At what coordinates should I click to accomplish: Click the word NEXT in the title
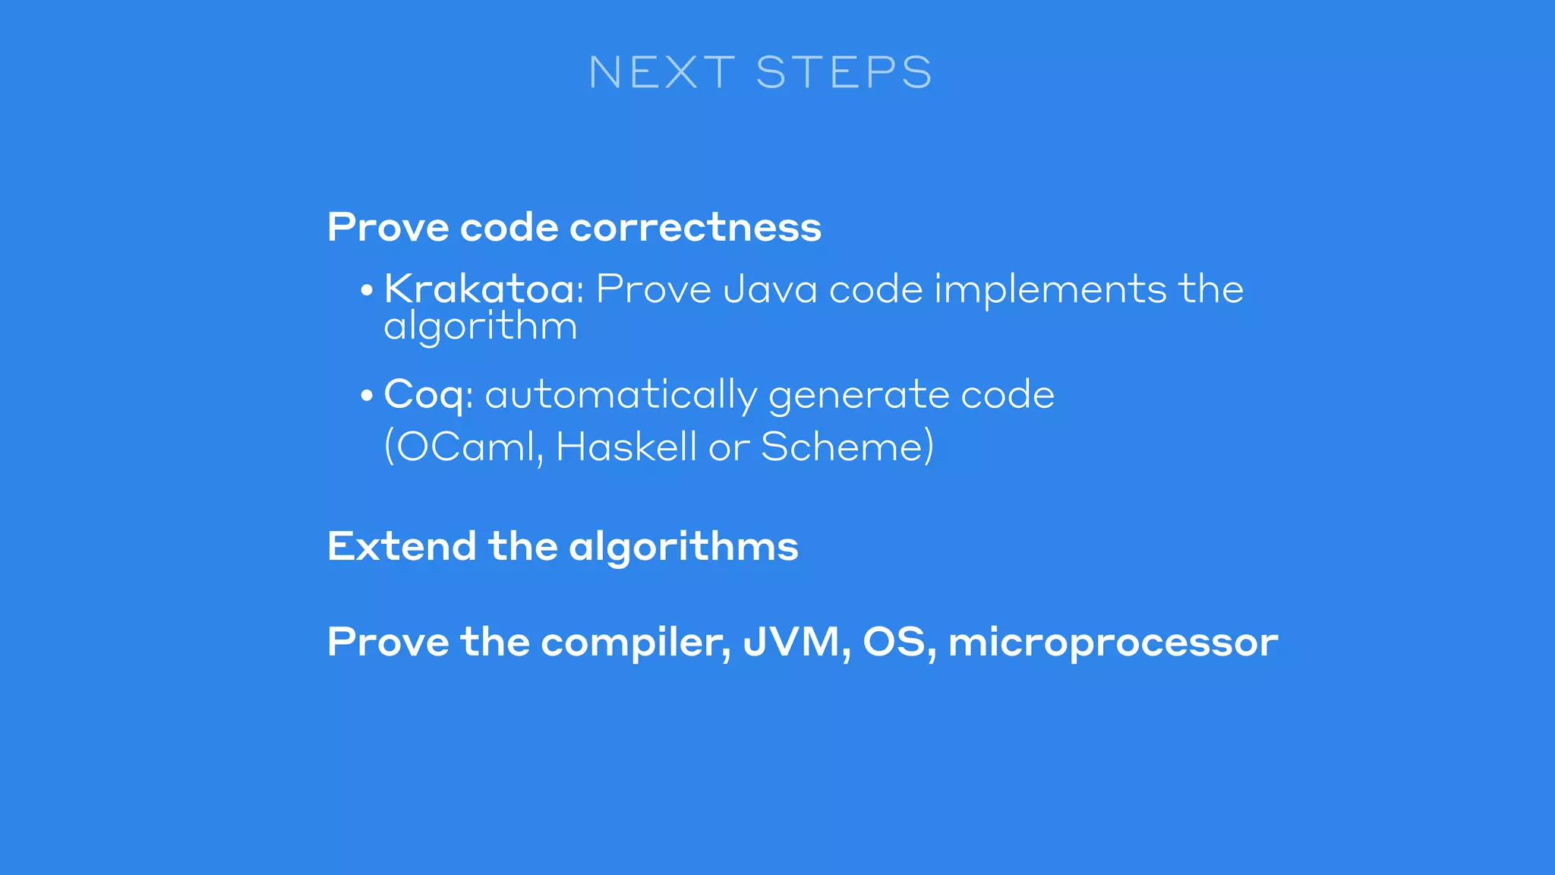click(661, 73)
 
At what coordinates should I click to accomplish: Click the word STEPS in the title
click(844, 73)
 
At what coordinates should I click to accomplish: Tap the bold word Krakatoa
click(479, 289)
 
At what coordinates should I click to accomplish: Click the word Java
click(769, 289)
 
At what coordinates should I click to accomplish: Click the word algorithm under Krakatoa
click(480, 327)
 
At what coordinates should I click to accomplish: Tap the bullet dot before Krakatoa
click(367, 291)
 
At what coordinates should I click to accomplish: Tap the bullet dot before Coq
click(367, 396)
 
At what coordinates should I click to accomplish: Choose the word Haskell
click(626, 447)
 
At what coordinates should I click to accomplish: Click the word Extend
click(402, 546)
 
